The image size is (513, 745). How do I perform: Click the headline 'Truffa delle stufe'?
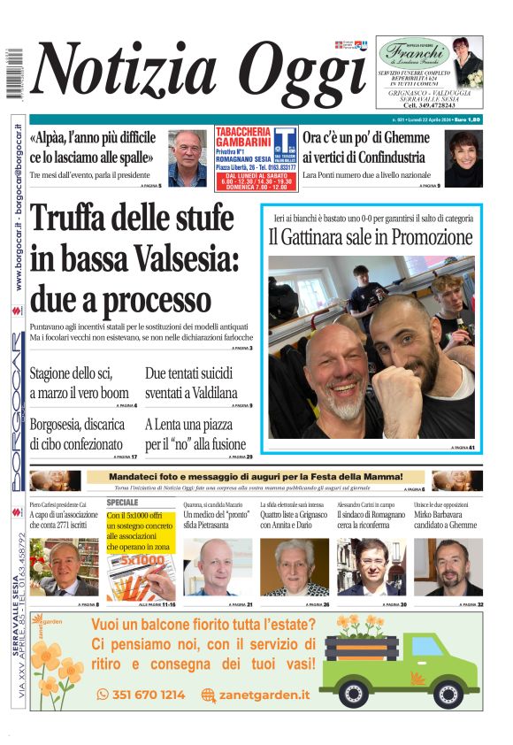[x=130, y=221]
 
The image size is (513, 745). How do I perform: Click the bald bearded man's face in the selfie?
[x=335, y=364]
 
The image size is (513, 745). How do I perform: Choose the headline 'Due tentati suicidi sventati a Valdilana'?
[x=191, y=382]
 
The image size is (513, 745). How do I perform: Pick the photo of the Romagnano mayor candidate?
[x=372, y=566]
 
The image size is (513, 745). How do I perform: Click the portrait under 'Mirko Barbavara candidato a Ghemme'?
[x=448, y=566]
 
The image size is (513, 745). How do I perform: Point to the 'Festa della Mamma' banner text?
[x=256, y=478]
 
